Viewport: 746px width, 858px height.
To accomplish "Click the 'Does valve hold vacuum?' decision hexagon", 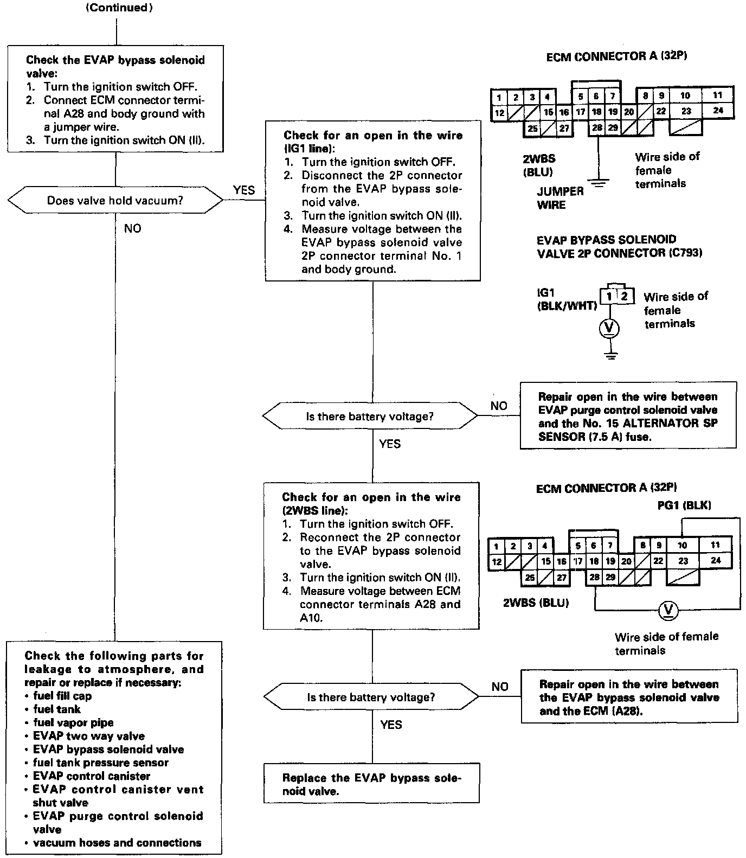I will (115, 201).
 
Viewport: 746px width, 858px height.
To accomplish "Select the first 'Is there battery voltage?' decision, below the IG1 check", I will (370, 417).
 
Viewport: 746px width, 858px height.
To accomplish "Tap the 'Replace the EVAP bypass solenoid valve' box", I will (371, 784).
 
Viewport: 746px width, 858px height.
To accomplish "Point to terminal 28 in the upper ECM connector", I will (597, 128).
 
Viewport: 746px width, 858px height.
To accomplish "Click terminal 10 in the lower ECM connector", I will (682, 545).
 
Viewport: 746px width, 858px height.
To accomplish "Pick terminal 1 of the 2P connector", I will (610, 296).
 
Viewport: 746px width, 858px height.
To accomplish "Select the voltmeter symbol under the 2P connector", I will (610, 327).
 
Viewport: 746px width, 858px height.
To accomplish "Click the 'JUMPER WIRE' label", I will (552, 198).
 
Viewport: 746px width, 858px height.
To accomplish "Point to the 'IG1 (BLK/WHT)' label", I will (566, 299).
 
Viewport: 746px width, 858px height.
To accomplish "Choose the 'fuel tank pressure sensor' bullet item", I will (100, 763).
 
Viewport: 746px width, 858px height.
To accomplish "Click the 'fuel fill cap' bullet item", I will (62, 696).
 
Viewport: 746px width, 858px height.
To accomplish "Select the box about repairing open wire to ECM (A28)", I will (629, 697).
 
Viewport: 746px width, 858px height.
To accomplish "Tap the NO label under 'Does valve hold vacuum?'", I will (132, 228).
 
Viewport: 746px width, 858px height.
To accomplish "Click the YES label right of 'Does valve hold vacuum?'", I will (243, 190).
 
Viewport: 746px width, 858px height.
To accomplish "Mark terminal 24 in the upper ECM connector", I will (718, 111).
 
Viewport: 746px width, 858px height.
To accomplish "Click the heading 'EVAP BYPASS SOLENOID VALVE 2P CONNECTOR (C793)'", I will (619, 246).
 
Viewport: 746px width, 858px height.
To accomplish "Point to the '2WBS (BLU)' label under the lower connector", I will (536, 603).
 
